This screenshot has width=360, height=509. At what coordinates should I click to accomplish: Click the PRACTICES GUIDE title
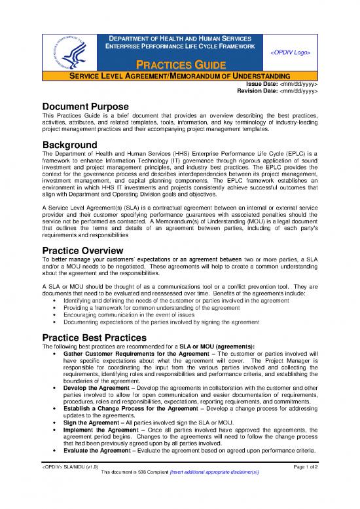(180, 65)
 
